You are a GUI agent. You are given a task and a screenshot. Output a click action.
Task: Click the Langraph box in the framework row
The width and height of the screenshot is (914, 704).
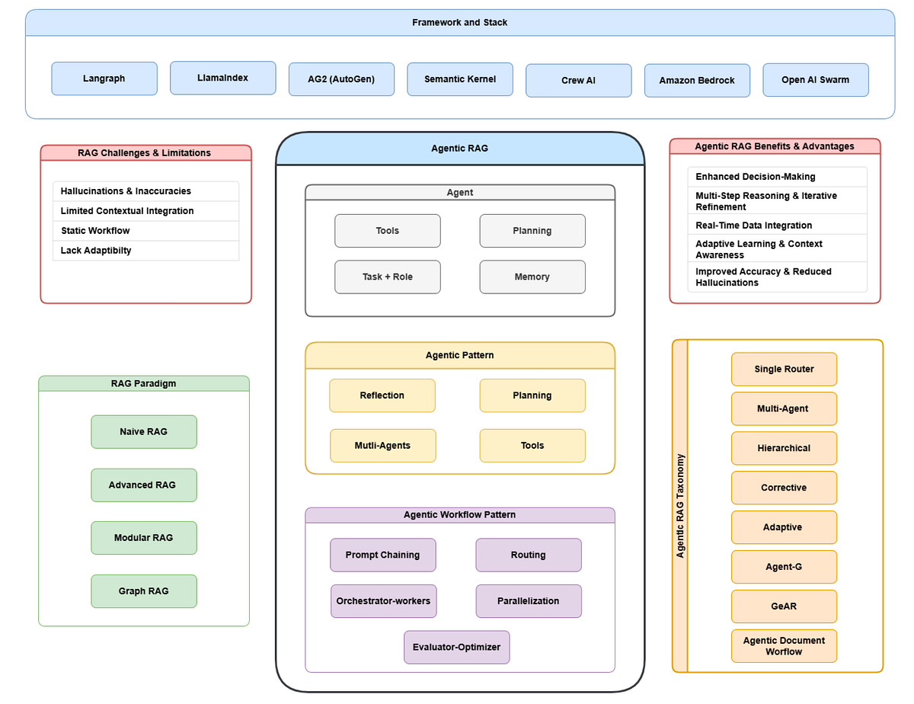(104, 78)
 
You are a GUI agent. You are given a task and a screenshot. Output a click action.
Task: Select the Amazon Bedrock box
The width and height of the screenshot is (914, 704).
(697, 81)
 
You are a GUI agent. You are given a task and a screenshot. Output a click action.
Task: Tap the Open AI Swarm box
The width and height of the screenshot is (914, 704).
(815, 80)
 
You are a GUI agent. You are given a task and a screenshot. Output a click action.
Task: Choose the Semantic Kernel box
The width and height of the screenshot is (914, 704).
(460, 79)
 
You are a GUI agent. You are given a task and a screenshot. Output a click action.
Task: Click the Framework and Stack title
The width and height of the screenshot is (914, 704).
(459, 23)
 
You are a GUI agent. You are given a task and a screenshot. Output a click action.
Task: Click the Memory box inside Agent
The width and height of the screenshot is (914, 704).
(532, 277)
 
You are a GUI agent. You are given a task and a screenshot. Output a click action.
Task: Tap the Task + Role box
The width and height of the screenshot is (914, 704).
(387, 277)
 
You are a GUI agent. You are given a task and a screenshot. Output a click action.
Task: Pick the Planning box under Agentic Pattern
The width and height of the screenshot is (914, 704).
(532, 396)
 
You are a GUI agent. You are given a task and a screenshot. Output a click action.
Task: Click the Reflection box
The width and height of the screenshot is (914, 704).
(382, 396)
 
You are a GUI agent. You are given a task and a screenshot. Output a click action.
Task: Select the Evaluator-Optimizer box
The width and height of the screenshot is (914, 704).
(456, 648)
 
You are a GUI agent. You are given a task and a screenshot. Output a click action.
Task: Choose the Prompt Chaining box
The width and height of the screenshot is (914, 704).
(382, 555)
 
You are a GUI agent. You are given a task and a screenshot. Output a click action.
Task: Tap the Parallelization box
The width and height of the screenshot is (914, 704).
(528, 601)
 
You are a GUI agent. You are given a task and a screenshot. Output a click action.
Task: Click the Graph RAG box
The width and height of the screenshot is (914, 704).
(143, 591)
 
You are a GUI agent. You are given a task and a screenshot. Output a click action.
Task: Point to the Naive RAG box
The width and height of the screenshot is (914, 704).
(143, 432)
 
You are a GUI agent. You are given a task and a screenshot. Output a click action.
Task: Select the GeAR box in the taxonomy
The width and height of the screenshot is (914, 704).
(784, 606)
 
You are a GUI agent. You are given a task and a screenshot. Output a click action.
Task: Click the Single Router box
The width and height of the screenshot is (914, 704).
(784, 370)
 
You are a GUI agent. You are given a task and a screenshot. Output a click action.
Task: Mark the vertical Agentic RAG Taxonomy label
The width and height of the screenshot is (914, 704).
(680, 506)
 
